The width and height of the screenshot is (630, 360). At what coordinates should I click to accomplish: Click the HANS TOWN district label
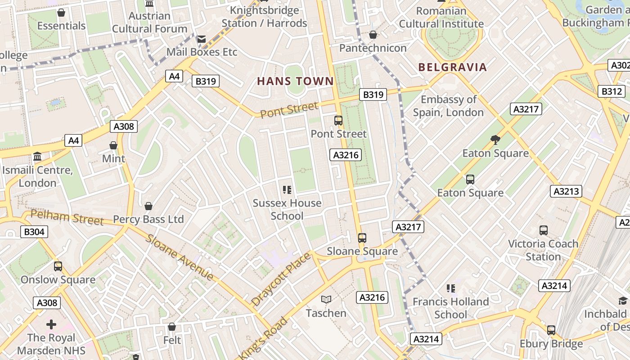tap(295, 81)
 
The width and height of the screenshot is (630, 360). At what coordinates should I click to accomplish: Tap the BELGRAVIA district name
tap(452, 67)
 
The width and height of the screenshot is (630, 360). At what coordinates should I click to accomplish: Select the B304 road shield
tap(34, 232)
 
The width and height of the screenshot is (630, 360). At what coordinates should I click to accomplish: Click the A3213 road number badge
tap(566, 191)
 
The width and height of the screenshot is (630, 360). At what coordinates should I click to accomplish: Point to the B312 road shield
tap(612, 92)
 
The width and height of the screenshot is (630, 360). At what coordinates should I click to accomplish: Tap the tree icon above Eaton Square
tap(495, 140)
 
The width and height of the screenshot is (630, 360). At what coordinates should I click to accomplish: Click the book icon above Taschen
tap(326, 300)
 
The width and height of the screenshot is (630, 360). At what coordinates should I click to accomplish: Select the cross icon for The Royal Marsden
tap(51, 324)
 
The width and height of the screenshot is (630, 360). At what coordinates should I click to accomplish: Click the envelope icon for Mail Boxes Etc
tap(201, 39)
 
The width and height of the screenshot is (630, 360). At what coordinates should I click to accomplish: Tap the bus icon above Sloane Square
tap(362, 238)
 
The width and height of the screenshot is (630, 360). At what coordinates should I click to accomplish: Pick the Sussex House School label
tap(287, 209)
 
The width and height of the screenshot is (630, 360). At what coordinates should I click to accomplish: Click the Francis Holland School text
tap(450, 308)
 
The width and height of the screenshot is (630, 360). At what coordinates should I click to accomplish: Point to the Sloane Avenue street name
tap(180, 257)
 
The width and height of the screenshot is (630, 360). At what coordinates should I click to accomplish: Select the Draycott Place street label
tap(281, 279)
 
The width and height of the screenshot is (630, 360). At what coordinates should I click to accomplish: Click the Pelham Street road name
tap(67, 218)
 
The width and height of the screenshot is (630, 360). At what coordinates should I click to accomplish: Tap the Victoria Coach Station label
tap(543, 250)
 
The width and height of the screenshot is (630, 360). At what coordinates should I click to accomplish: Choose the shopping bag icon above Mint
tap(113, 145)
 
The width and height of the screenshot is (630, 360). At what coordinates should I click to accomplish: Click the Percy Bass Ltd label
tap(148, 219)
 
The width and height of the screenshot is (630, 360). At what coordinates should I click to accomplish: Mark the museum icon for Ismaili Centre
tap(37, 157)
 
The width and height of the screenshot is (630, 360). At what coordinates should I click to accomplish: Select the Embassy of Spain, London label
tap(448, 106)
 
